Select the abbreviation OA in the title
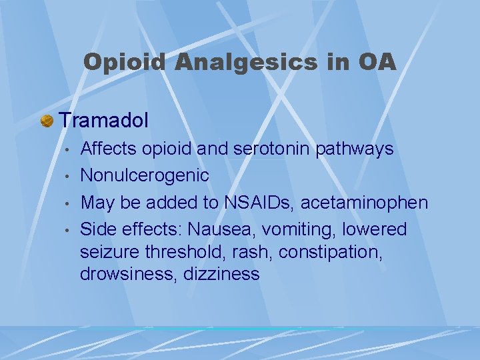[377, 63]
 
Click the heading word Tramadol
[103, 121]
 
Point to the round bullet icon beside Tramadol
[47, 121]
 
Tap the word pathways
[358, 149]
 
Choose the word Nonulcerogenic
[145, 175]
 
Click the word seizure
[107, 252]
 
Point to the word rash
[254, 252]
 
